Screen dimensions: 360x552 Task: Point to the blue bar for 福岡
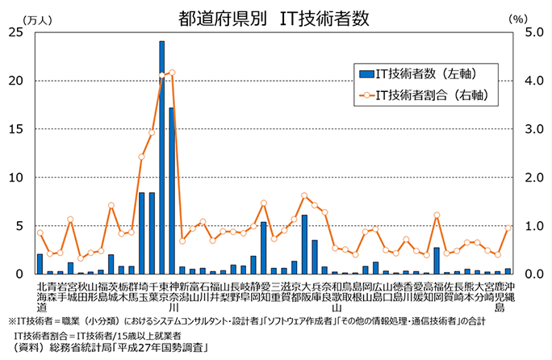437,261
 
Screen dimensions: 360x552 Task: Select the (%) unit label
517,17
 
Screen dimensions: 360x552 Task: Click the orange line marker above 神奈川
172,73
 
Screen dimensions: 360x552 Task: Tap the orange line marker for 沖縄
508,228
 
